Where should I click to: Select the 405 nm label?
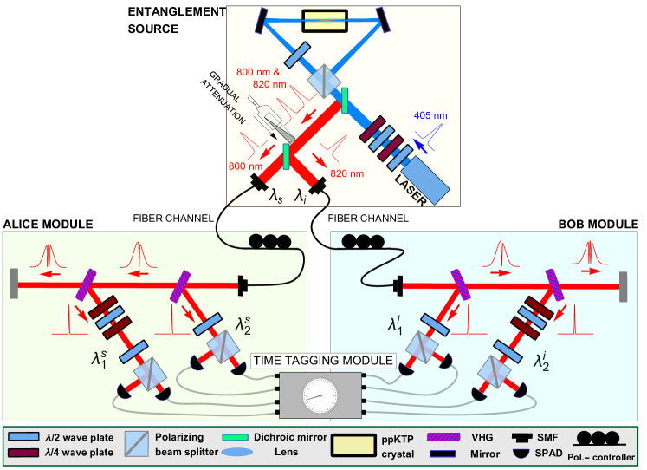(430, 115)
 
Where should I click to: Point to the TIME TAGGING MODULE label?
(322, 360)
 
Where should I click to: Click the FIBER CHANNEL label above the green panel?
(173, 218)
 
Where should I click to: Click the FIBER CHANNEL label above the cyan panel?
(368, 218)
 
